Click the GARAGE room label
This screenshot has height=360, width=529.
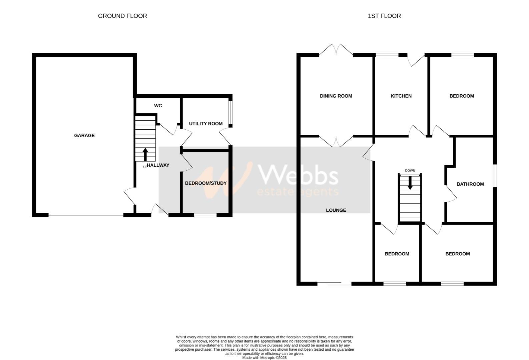(x=84, y=135)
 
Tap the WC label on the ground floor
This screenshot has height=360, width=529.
(x=158, y=106)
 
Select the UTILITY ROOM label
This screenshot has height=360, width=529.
(x=205, y=124)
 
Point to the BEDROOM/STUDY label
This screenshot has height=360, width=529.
(x=206, y=183)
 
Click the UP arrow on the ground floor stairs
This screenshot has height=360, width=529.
(x=145, y=155)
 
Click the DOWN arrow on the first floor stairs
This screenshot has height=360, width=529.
(x=410, y=183)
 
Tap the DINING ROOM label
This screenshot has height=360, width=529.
(x=336, y=96)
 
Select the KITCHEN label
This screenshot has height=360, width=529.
(x=401, y=96)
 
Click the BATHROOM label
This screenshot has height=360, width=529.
(x=470, y=184)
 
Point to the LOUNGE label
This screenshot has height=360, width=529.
(x=336, y=210)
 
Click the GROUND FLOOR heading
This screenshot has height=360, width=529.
(x=122, y=16)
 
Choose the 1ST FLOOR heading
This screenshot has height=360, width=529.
(x=384, y=16)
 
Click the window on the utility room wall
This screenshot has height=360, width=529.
(x=230, y=113)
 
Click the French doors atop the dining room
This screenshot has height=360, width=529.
(x=336, y=50)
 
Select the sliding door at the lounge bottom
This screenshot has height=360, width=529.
(x=334, y=284)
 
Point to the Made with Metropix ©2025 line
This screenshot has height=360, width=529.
(x=264, y=358)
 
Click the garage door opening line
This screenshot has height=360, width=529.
(x=86, y=215)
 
